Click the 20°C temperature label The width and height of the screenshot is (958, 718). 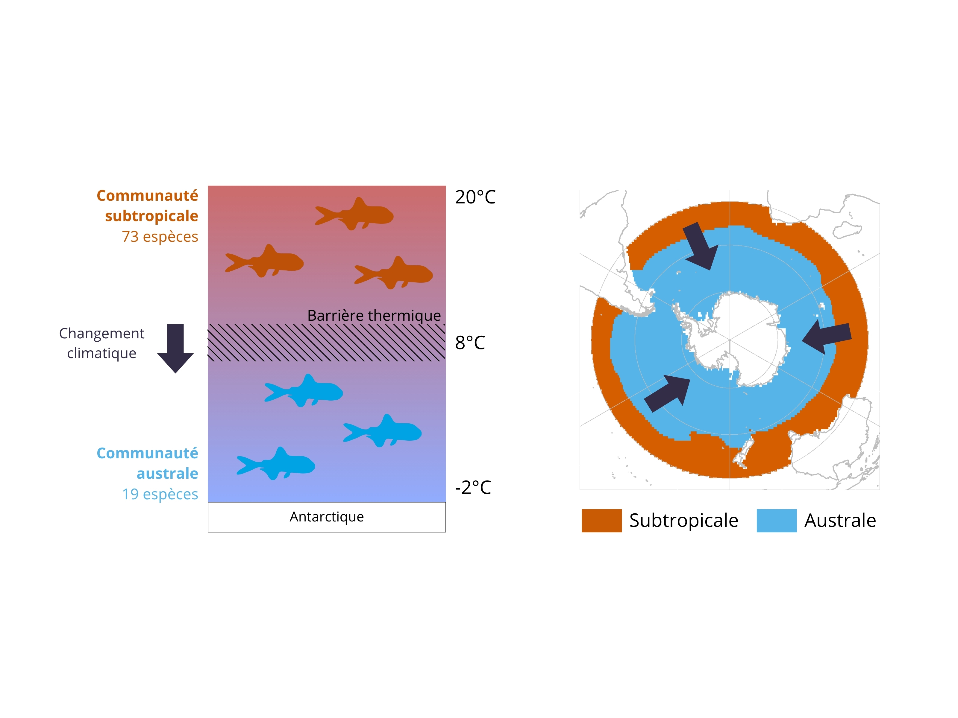click(475, 197)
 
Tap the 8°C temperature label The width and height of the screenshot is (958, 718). click(470, 343)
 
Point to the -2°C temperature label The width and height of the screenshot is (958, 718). click(473, 488)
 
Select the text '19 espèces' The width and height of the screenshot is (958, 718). click(160, 494)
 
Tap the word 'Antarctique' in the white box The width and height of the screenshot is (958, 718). click(327, 517)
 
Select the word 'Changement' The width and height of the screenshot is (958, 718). click(102, 334)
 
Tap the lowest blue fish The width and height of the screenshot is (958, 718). click(276, 463)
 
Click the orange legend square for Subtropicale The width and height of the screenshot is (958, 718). click(601, 521)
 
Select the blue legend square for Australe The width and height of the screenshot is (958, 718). click(777, 521)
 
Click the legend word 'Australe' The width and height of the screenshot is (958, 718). click(840, 521)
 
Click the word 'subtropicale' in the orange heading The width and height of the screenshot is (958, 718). click(151, 216)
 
